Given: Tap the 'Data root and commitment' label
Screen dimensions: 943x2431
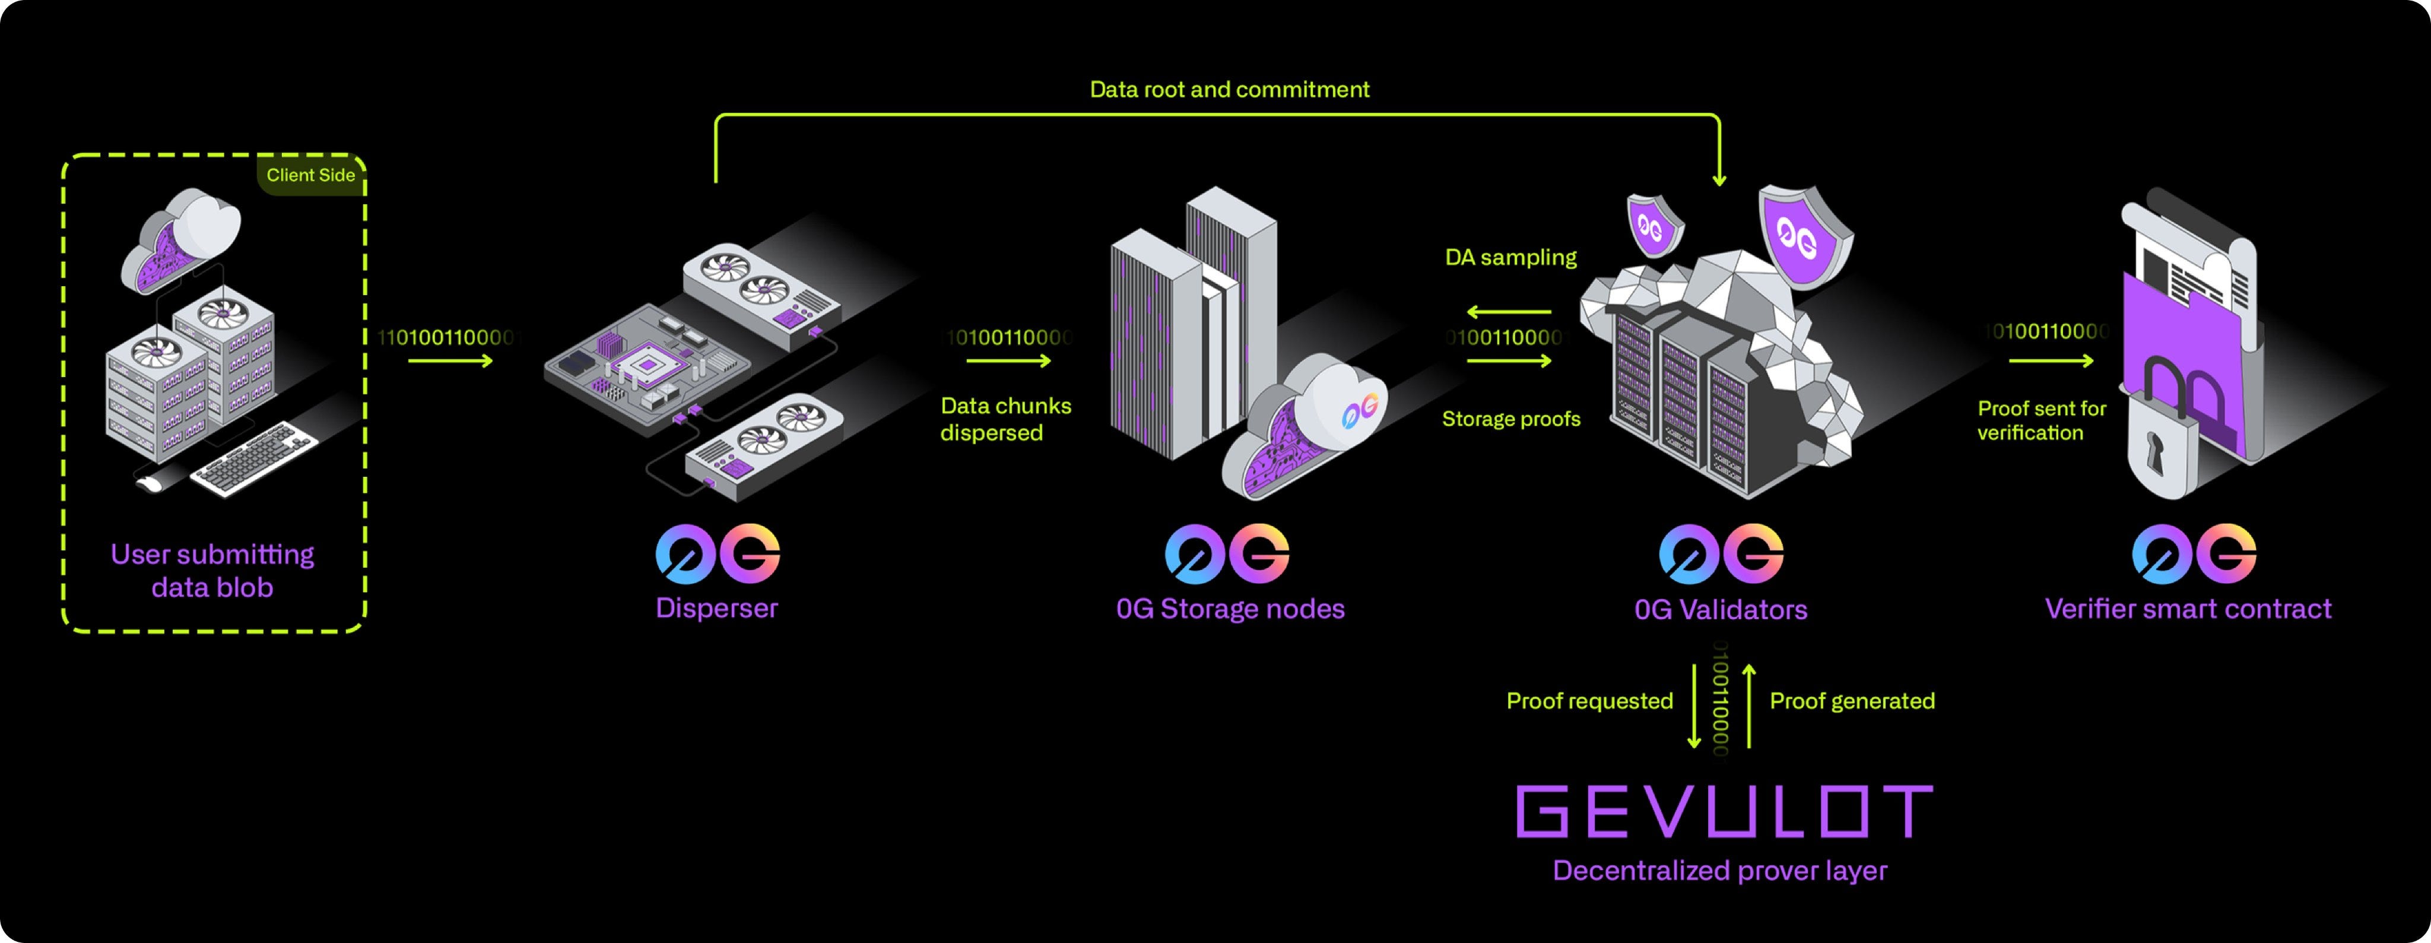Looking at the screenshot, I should coord(1229,90).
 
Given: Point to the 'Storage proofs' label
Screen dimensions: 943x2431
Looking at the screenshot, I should coord(1510,419).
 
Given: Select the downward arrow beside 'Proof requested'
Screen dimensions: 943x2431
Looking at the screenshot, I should coord(1694,706).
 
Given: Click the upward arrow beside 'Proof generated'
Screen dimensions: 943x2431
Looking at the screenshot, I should coord(1748,706).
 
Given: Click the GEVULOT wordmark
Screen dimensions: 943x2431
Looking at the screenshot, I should coord(1723,812).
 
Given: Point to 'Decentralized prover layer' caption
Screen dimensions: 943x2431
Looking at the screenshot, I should coord(1719,871).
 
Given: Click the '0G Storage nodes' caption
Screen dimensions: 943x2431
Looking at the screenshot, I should coord(1230,609).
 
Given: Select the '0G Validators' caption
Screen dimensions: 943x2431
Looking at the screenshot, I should coord(1721,610).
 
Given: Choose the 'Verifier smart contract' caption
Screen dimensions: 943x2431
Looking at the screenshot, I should coord(2188,609).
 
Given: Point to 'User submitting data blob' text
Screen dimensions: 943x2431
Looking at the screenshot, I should coord(212,570).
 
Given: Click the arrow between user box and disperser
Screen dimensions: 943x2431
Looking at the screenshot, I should coord(450,360).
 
